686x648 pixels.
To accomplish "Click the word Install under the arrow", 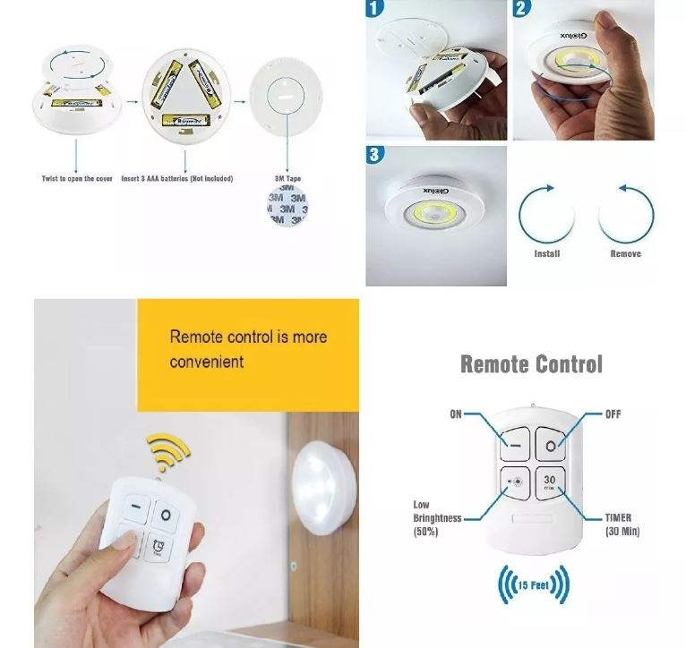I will click(546, 254).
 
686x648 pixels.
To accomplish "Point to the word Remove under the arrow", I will click(625, 254).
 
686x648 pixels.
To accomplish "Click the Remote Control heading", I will click(531, 364).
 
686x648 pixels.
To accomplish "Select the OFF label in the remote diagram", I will click(613, 414).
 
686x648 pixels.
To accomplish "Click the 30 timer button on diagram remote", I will click(550, 481).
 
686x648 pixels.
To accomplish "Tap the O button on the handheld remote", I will click(166, 515).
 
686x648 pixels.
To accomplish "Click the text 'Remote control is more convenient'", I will click(248, 349).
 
